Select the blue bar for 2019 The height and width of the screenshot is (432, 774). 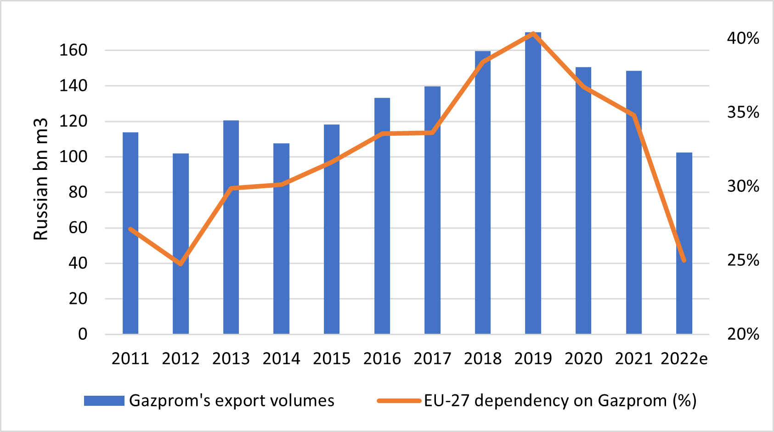[x=533, y=184]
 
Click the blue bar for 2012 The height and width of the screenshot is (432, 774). [x=181, y=243]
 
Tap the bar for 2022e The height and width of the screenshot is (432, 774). [x=684, y=243]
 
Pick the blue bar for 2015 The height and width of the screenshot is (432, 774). [x=332, y=230]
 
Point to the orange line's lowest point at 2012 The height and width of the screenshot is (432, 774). [x=181, y=264]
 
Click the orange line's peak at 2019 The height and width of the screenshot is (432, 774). [x=533, y=34]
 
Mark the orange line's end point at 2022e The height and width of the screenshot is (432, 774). [x=684, y=260]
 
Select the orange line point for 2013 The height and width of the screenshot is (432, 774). [x=231, y=188]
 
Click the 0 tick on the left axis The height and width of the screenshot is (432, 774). [x=83, y=334]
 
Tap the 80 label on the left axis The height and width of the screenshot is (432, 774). [x=78, y=192]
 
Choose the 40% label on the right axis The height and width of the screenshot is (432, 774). [x=743, y=39]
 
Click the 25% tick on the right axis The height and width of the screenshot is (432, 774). [x=743, y=260]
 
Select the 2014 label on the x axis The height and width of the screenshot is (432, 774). [x=281, y=359]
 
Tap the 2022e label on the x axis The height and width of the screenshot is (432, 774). [x=684, y=359]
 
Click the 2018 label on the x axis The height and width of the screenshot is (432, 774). [x=483, y=359]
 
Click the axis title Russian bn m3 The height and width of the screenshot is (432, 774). [x=41, y=179]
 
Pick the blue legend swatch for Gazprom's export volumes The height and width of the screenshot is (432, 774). [x=104, y=401]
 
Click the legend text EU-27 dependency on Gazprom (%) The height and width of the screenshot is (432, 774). [x=560, y=401]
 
